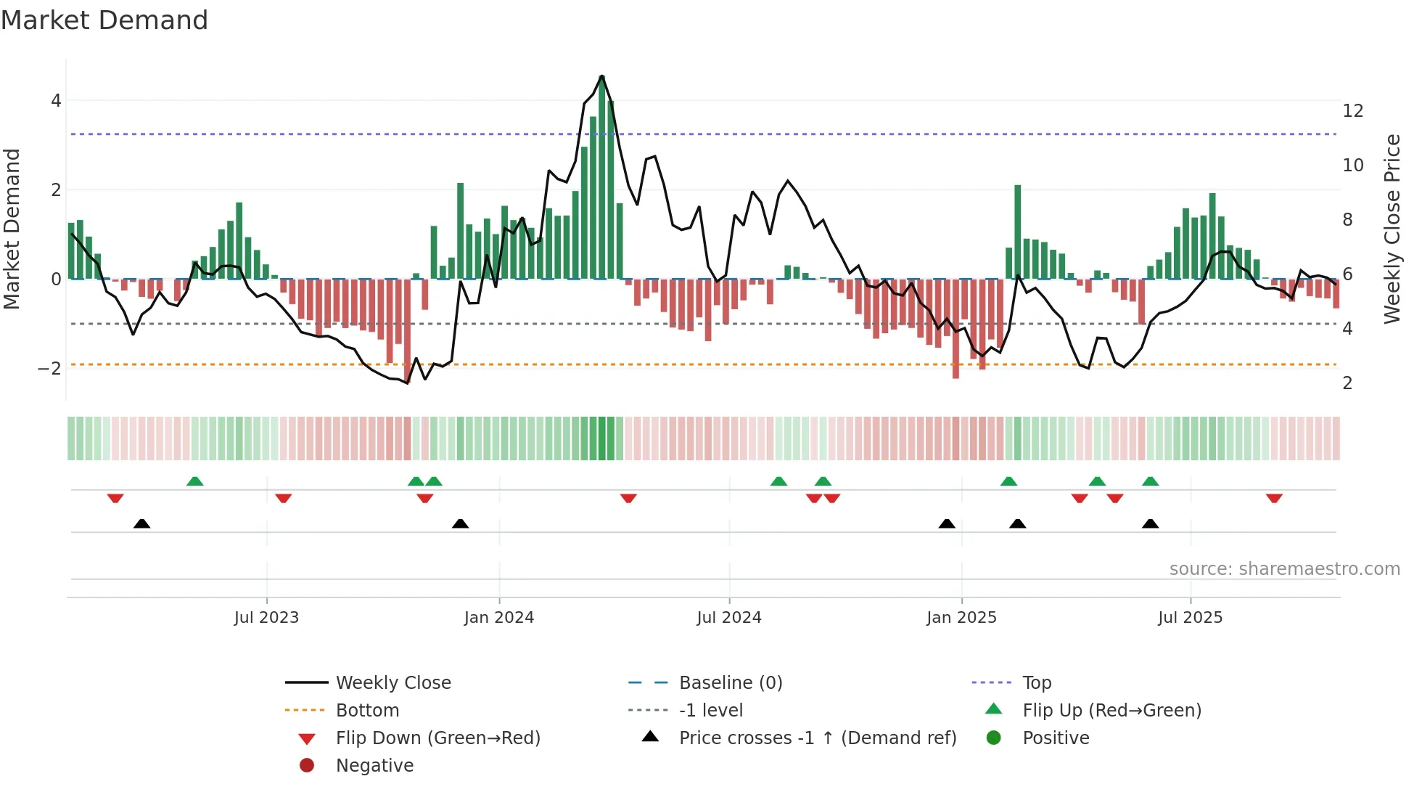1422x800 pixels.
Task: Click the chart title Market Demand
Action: click(104, 20)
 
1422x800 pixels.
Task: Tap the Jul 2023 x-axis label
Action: click(266, 618)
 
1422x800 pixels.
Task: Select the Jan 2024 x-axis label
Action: click(499, 618)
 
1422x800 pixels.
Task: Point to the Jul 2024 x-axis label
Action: click(729, 618)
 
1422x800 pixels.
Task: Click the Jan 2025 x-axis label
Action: click(961, 618)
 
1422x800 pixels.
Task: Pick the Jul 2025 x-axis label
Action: click(1190, 618)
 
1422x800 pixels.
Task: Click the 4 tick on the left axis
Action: click(56, 101)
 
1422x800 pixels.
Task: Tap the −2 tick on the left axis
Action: click(49, 369)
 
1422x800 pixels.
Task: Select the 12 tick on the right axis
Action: click(1352, 111)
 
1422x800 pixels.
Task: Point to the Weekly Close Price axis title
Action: click(1392, 229)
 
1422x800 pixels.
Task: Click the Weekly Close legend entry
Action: click(393, 683)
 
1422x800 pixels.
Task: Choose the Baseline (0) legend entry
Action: click(731, 683)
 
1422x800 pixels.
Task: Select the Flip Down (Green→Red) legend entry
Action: click(437, 738)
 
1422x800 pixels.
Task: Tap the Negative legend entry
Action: click(374, 766)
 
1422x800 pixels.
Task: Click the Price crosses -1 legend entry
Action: click(818, 738)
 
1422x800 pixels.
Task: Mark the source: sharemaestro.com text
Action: click(1284, 569)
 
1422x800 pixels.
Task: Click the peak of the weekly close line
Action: click(602, 75)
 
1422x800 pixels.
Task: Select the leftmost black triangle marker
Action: click(142, 524)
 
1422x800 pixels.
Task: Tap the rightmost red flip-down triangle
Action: click(1274, 498)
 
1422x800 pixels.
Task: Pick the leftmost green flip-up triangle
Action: click(194, 481)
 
